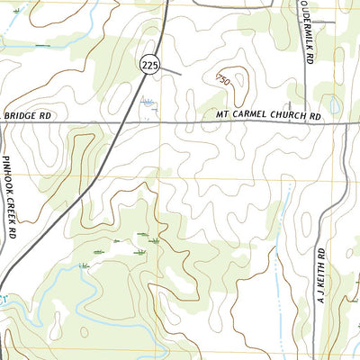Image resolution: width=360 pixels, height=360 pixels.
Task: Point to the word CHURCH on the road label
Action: click(287, 116)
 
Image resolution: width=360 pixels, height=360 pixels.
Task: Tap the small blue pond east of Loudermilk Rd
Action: click(335, 106)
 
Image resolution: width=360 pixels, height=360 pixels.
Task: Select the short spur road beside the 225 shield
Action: click(171, 69)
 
